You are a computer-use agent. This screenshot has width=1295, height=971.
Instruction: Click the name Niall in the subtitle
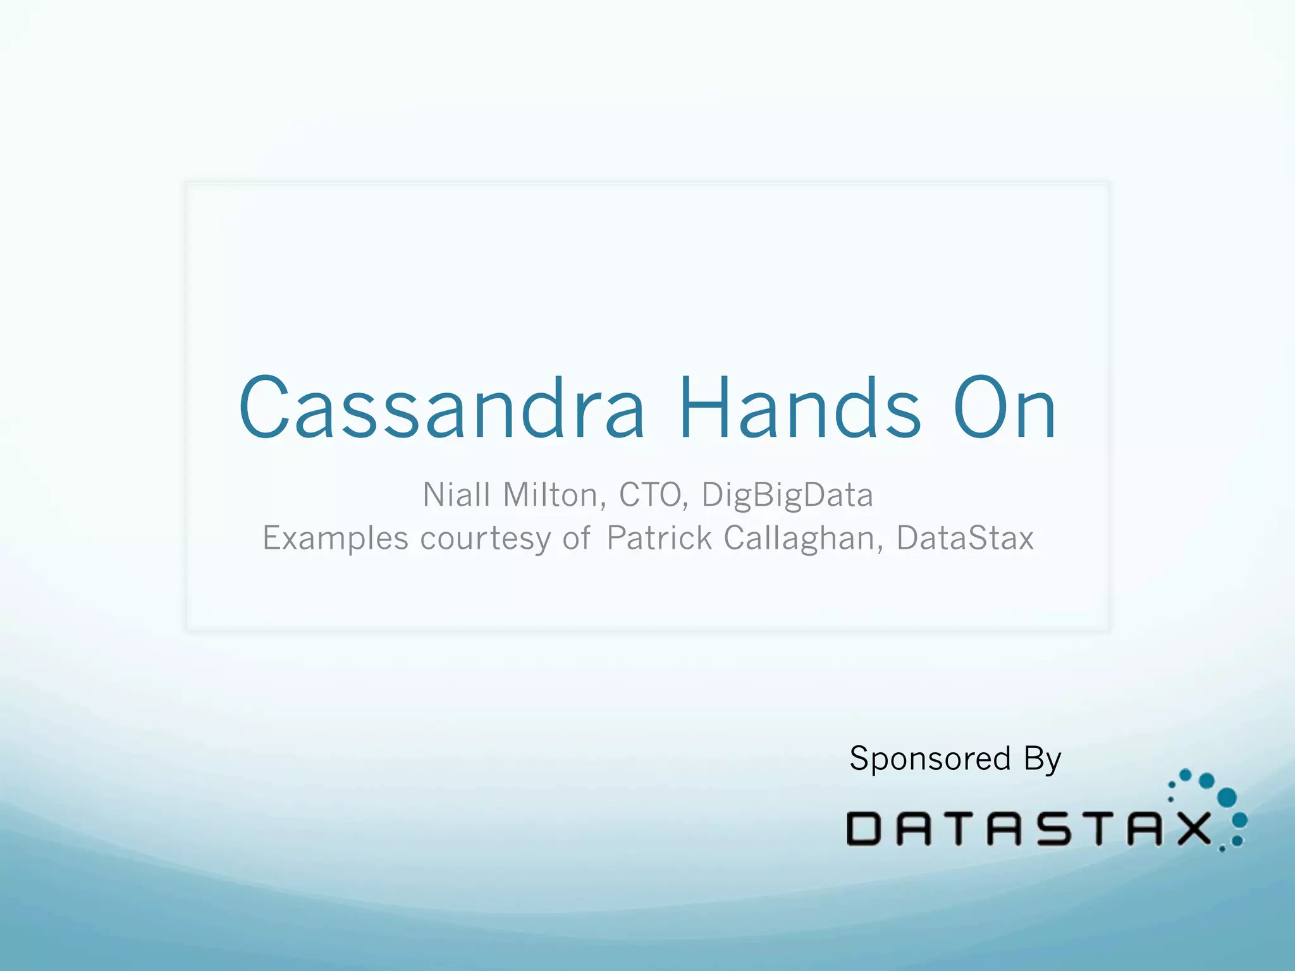(x=457, y=495)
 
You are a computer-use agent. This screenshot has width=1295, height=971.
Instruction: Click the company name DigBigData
(x=787, y=495)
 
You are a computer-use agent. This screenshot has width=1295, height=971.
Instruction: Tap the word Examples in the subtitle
(x=335, y=539)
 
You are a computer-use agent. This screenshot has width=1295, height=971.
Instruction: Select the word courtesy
(x=486, y=539)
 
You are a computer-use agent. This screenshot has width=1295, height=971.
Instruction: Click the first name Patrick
(x=660, y=539)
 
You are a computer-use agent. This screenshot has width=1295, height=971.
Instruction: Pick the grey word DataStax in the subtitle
(x=965, y=539)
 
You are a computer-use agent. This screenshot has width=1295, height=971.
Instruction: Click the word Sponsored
(x=930, y=759)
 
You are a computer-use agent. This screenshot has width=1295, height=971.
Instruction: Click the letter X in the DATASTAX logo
(x=1189, y=829)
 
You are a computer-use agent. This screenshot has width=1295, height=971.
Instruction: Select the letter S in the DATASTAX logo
(x=1053, y=829)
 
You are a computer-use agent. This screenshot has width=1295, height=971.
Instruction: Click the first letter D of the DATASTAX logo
(x=863, y=829)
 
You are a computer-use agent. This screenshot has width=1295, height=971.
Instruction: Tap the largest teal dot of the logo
(x=1227, y=797)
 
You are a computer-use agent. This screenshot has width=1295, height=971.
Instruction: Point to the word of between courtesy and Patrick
(x=576, y=539)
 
